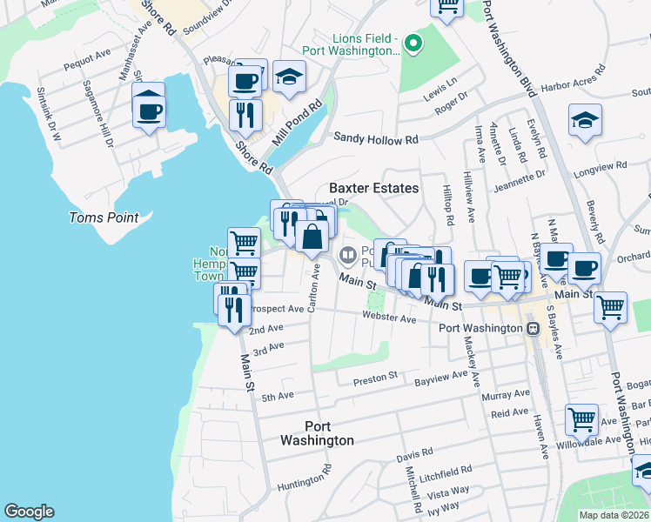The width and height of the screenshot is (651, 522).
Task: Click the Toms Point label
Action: click(x=104, y=217)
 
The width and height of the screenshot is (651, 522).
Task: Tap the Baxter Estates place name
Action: click(x=373, y=188)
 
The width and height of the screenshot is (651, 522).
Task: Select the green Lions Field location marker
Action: click(x=415, y=42)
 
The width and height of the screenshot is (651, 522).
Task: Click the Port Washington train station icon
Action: click(x=534, y=328)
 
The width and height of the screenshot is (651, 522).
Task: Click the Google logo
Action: click(x=29, y=512)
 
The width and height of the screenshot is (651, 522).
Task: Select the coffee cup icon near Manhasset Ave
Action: click(x=150, y=110)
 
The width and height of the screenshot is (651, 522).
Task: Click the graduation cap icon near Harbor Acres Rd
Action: click(x=585, y=124)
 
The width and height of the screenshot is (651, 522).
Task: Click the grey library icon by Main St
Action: click(x=346, y=254)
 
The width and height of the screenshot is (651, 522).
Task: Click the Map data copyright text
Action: click(x=614, y=515)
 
